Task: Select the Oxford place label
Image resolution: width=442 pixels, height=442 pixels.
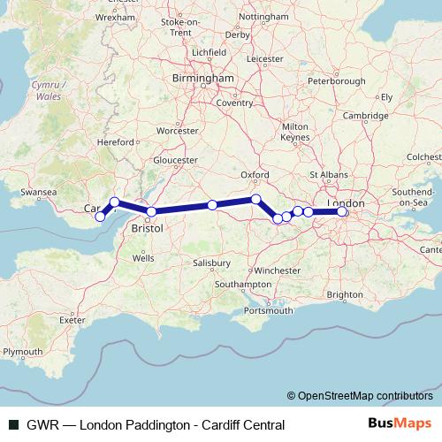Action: [255, 175]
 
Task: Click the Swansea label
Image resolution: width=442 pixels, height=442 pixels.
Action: [38, 191]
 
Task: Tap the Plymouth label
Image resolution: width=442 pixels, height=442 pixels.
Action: [22, 351]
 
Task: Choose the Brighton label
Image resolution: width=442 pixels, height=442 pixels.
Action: [344, 294]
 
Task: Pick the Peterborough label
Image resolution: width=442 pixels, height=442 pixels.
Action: [337, 81]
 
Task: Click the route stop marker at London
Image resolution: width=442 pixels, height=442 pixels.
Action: [342, 211]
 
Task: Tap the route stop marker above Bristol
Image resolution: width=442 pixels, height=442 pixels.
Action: [151, 211]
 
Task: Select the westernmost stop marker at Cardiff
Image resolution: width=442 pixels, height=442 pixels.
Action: [100, 217]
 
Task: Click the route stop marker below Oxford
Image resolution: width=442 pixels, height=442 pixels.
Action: [255, 199]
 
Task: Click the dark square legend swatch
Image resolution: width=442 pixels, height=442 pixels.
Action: [13, 424]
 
